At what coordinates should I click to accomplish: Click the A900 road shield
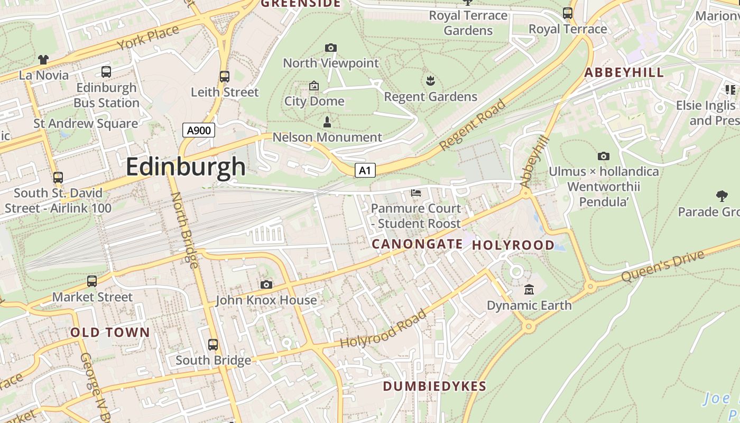point(199,130)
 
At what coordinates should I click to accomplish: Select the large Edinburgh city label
point(186,167)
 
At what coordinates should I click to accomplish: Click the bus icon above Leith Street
point(225,77)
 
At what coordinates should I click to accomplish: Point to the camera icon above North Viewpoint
point(331,48)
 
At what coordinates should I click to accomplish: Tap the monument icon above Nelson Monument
point(327,122)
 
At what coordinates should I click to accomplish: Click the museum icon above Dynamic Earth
point(529,289)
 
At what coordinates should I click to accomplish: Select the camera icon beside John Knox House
point(266,285)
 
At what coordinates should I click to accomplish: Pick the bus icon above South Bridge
point(213,345)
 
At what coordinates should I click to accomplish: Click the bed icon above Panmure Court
point(416,193)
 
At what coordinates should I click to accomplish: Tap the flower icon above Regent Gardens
point(430,81)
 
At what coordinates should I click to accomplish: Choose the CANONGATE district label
point(417,244)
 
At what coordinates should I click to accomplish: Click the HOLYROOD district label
point(513,245)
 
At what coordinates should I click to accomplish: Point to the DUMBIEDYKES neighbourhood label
point(434,387)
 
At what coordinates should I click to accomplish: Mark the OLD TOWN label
point(110,333)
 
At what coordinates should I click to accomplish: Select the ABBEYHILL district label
point(624,73)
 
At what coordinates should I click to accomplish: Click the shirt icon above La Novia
point(43,60)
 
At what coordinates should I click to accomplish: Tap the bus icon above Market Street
point(92,281)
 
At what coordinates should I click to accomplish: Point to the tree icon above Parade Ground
point(721,196)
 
